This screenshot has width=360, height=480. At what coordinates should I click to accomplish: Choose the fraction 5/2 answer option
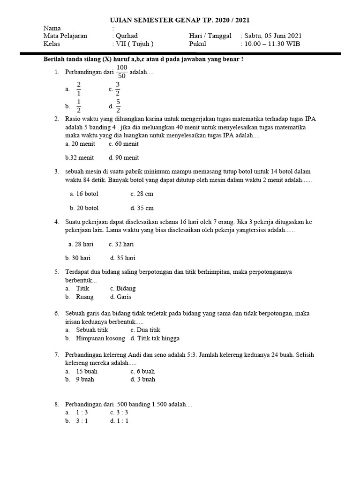118,106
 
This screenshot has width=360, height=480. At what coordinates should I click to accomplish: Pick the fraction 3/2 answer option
118,88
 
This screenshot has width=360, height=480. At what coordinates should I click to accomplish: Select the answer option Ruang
85,297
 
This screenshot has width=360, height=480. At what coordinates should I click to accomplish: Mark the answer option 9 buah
85,379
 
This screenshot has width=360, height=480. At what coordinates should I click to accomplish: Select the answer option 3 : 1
83,421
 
